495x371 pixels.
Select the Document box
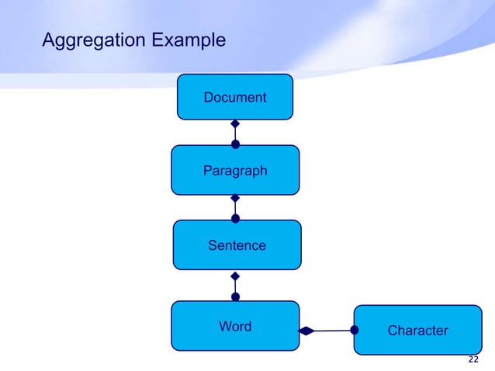tap(235, 97)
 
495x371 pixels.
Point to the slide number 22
tap(473, 360)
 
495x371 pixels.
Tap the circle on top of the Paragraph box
tap(235, 144)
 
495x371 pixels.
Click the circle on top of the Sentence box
tap(235, 219)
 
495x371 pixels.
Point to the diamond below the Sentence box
tap(235, 276)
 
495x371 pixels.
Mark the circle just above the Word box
tap(235, 296)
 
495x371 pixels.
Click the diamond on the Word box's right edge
tap(306, 331)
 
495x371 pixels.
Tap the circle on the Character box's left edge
tap(355, 330)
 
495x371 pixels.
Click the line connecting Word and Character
tap(332, 331)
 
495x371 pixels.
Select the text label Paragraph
tap(235, 171)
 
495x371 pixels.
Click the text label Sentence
tap(237, 245)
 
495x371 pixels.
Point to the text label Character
tap(417, 331)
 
